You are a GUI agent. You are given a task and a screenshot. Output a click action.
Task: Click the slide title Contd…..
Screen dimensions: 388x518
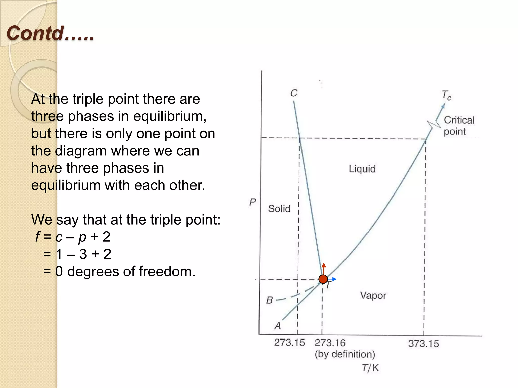[50, 33]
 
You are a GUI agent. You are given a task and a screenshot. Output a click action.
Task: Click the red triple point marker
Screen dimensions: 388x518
[323, 279]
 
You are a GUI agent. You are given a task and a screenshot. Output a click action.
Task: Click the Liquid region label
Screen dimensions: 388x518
[362, 169]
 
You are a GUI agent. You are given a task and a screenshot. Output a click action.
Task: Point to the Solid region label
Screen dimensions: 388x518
[279, 209]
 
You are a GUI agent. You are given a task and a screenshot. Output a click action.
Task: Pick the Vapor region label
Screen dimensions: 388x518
[373, 295]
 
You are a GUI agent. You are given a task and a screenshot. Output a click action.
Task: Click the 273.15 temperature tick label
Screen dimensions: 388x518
[290, 343]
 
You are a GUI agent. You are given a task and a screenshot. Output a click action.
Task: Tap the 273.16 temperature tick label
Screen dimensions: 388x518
[330, 343]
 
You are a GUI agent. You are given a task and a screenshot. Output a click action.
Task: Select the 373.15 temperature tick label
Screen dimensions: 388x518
[423, 344]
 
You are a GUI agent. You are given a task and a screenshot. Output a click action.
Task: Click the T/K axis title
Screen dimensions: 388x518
[370, 368]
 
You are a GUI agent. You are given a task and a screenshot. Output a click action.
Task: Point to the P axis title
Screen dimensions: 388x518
[253, 202]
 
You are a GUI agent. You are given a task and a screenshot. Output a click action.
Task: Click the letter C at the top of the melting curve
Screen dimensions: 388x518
[294, 93]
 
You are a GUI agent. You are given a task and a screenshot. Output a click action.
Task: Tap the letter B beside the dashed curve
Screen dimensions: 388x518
[270, 300]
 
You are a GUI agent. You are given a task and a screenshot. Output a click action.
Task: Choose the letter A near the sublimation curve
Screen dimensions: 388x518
[278, 326]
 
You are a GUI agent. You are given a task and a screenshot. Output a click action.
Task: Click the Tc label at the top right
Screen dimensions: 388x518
[446, 95]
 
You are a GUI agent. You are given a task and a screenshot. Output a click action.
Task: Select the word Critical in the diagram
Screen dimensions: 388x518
[459, 120]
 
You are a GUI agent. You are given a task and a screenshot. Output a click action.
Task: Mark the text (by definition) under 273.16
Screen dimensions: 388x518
[345, 354]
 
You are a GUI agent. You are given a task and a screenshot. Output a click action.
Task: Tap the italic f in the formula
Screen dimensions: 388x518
[38, 237]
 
